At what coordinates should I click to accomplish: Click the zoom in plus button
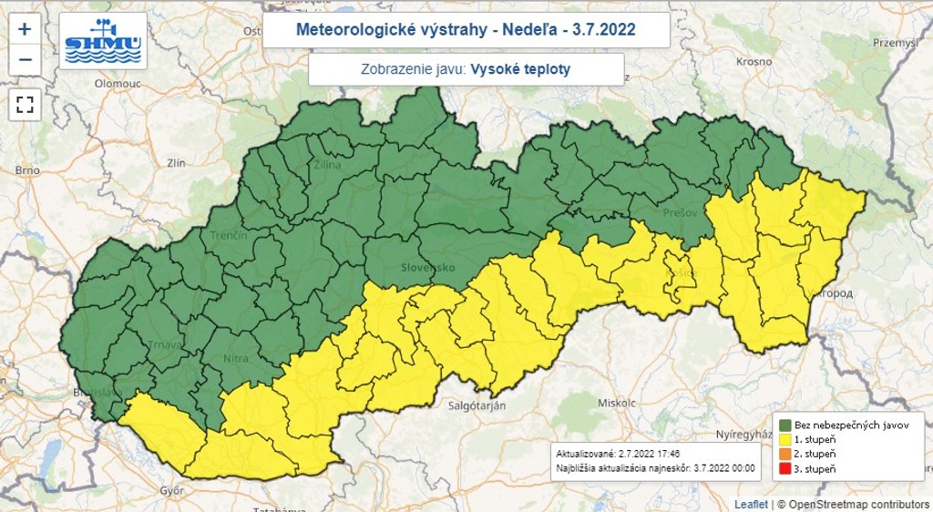pos(25,28)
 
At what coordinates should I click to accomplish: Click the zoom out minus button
pos(25,60)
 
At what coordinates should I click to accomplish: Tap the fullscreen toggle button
pos(25,104)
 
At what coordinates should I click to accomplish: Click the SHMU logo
pos(103,41)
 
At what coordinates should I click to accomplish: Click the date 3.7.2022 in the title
pos(604,30)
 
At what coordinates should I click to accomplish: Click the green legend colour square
pos(784,425)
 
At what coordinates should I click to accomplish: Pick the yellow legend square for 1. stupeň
pos(784,439)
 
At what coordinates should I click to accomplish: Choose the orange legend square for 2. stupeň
pos(784,454)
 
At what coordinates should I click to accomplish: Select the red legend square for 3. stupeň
pos(784,468)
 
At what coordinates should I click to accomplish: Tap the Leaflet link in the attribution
pos(752,504)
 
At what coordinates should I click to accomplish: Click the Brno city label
pos(27,170)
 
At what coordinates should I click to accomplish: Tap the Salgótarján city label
pos(477,404)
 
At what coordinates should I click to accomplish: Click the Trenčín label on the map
pos(228,236)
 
